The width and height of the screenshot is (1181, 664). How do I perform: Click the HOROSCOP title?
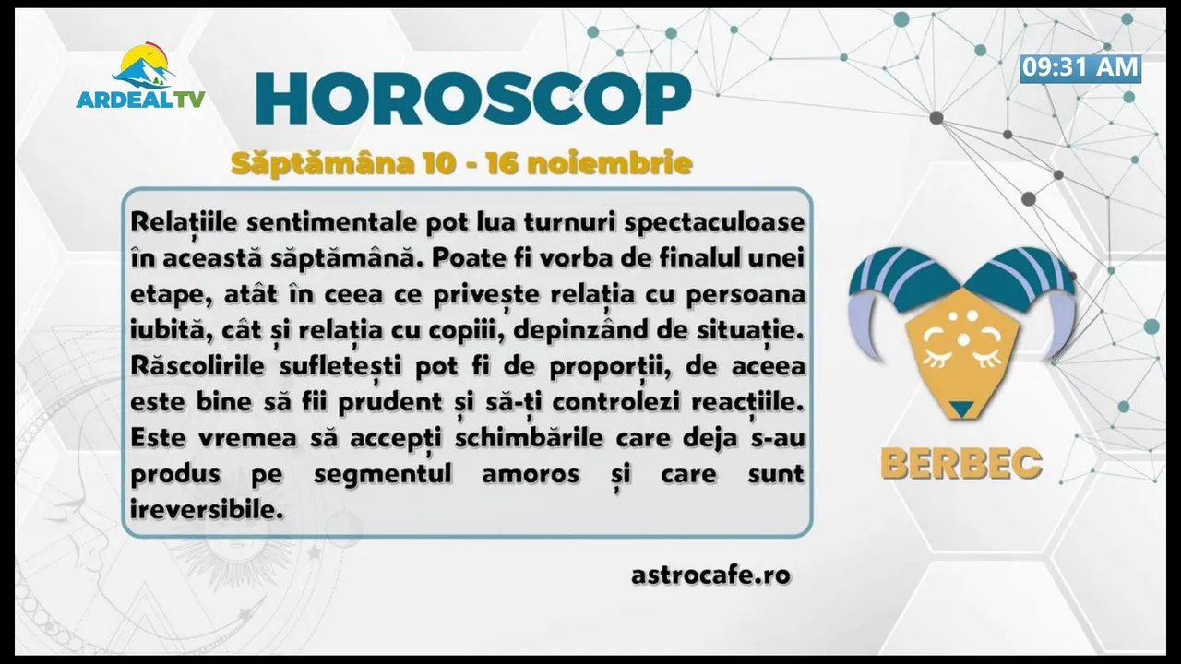pos(473,99)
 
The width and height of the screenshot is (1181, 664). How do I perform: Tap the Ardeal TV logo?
pos(141,77)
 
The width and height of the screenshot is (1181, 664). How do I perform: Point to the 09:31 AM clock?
pos(1080,68)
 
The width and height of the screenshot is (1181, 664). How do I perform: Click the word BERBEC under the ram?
pos(961,464)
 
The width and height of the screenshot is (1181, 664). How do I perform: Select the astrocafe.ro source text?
pos(710,575)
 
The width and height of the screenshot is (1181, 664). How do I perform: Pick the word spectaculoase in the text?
pos(714,223)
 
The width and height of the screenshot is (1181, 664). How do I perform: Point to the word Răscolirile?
pos(197,366)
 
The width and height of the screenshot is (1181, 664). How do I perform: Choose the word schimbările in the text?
pos(529,438)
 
